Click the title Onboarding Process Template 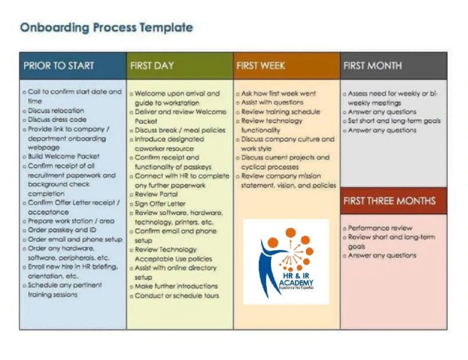pyautogui.click(x=107, y=27)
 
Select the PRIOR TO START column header pyautogui.click(x=58, y=66)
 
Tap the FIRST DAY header pyautogui.click(x=152, y=66)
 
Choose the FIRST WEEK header pyautogui.click(x=261, y=66)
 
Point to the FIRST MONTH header pyautogui.click(x=373, y=66)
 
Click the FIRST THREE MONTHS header pyautogui.click(x=389, y=201)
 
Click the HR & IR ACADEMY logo pyautogui.click(x=286, y=261)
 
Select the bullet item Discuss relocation pyautogui.click(x=55, y=111)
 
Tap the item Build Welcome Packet pyautogui.click(x=63, y=157)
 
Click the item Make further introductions pyautogui.click(x=176, y=286)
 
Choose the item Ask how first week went pyautogui.click(x=278, y=94)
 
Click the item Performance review pyautogui.click(x=380, y=228)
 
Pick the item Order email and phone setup pyautogui.click(x=75, y=239)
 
